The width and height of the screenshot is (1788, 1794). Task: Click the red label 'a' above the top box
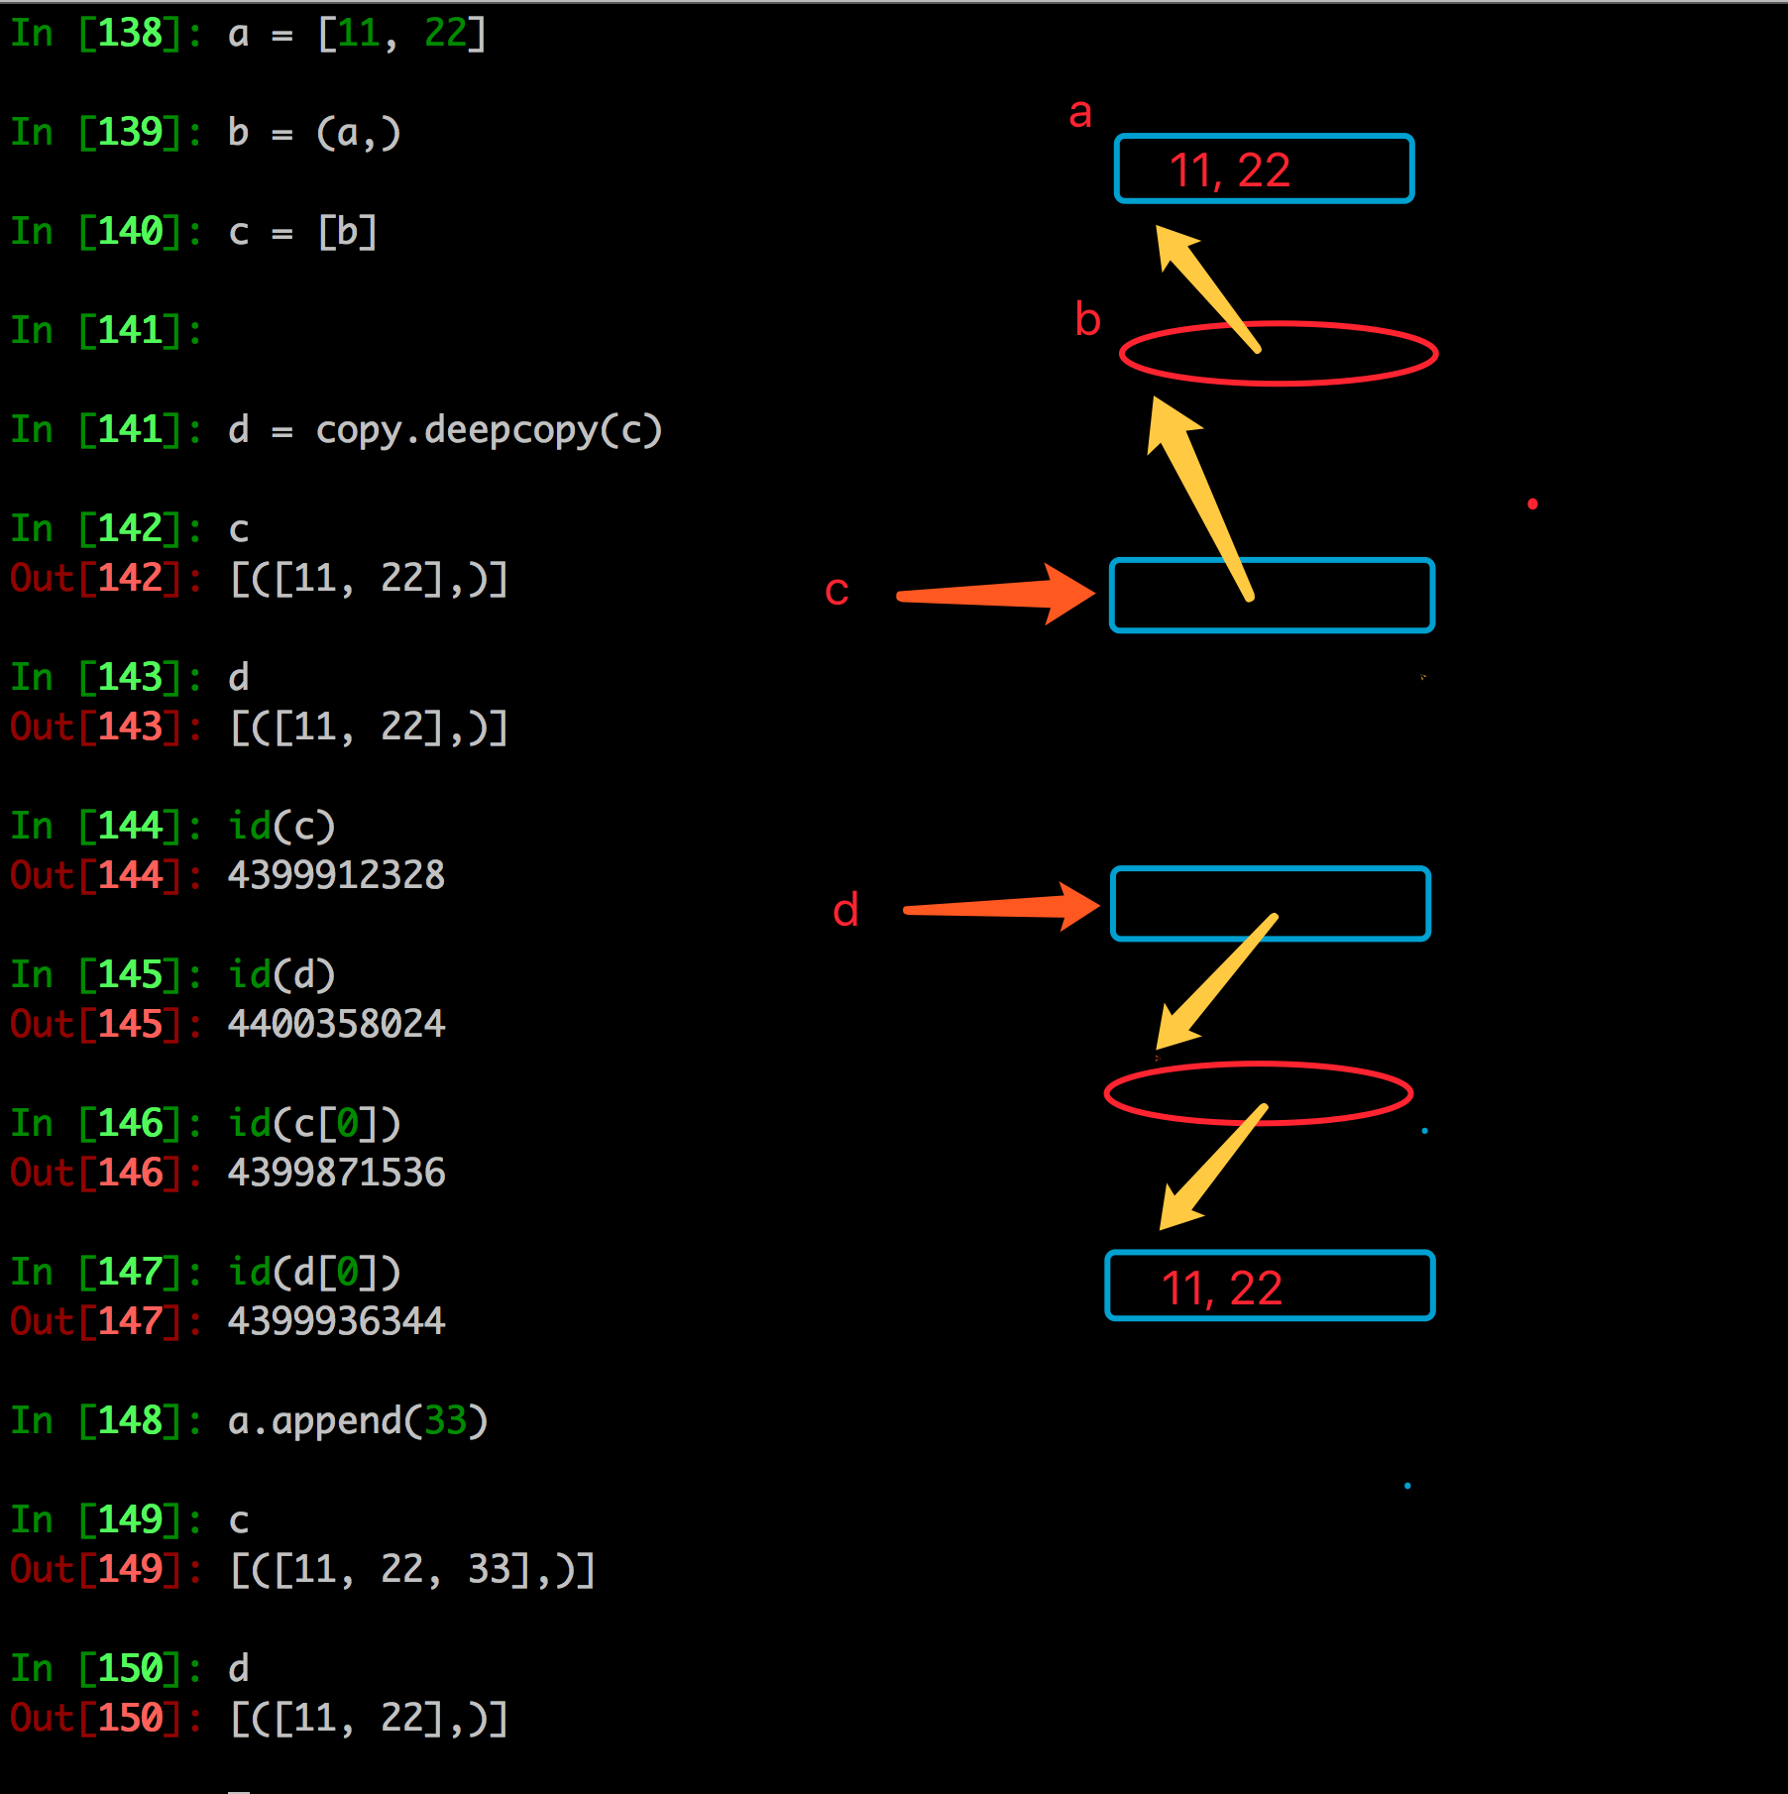1080,113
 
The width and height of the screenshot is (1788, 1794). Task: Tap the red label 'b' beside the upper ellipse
1087,319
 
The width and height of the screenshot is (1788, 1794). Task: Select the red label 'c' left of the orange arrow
837,591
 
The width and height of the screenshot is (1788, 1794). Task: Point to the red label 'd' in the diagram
845,910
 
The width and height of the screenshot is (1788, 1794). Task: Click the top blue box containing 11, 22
1264,169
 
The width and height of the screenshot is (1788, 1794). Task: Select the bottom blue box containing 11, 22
1270,1287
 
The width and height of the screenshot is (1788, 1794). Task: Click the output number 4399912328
336,875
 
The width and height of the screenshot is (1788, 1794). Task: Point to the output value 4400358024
336,1024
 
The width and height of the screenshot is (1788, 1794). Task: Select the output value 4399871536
336,1173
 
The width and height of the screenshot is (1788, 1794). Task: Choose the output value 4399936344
336,1321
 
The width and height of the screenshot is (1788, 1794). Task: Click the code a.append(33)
358,1421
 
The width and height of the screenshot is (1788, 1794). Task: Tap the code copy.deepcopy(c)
489,430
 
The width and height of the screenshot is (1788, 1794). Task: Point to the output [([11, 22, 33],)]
411,1569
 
